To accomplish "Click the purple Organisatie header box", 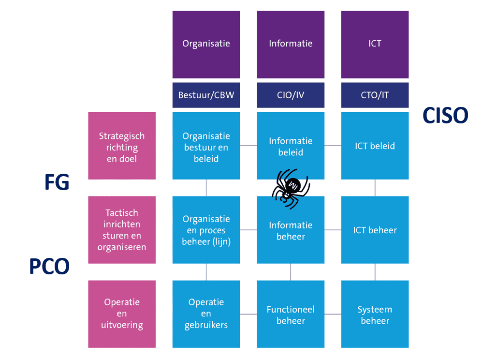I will [206, 44].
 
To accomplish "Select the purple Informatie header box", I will [291, 44].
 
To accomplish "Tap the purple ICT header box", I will [375, 44].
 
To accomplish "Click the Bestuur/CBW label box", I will [206, 95].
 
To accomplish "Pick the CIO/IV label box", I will [291, 95].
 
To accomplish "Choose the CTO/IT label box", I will [375, 95].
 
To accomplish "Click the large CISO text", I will [445, 116].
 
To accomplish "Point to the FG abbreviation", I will [57, 183].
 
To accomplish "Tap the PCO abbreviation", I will [49, 267].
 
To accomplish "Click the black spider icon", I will [290, 188].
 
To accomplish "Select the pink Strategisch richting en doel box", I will [122, 146].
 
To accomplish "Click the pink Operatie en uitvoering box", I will [122, 314].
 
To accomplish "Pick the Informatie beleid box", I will [291, 146].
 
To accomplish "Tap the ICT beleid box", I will [375, 146].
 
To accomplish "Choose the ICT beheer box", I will [375, 230].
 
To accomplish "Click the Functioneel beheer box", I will [291, 315].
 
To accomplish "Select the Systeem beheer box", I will [375, 315].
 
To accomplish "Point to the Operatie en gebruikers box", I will [206, 314].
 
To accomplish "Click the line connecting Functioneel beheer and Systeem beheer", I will [333, 314].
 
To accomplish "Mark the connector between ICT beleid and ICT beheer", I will [375, 188].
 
